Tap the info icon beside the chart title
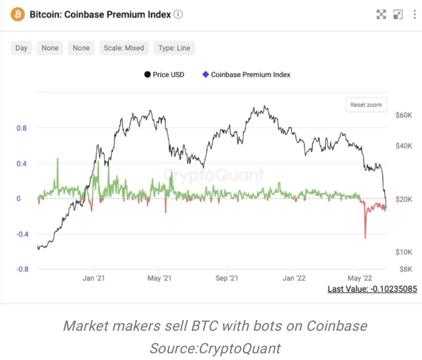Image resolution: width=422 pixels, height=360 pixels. [178, 14]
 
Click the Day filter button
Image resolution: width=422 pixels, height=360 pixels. [21, 48]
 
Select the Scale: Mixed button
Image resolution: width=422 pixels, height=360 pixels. [124, 48]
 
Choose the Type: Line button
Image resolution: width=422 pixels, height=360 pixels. [174, 48]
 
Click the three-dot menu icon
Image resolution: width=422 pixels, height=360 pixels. [414, 15]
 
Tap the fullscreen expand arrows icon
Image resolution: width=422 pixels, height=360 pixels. [381, 15]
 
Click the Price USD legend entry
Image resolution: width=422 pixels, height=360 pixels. [164, 75]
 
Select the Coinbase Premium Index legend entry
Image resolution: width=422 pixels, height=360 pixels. [246, 75]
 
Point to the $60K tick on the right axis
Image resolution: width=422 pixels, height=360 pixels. [403, 115]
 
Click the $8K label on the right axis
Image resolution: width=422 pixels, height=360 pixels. [406, 269]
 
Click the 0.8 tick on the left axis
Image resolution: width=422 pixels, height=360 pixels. [21, 128]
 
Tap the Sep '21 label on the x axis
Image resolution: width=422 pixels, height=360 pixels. [227, 278]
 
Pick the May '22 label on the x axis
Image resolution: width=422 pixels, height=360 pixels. [360, 278]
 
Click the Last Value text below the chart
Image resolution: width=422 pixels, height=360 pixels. [372, 289]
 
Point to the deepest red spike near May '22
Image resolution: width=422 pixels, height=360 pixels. [365, 237]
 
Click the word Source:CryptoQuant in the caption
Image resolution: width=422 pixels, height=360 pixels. [215, 348]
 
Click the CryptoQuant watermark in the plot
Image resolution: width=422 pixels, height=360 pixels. [214, 175]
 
